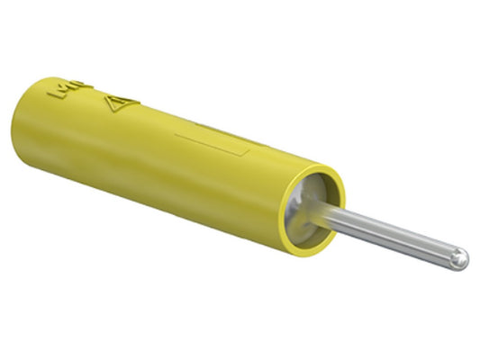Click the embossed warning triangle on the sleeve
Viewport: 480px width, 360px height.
[x=120, y=106]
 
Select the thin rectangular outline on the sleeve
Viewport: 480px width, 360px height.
[x=213, y=143]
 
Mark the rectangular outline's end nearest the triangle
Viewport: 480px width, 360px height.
[x=177, y=135]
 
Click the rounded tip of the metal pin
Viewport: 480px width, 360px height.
[x=460, y=258]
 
